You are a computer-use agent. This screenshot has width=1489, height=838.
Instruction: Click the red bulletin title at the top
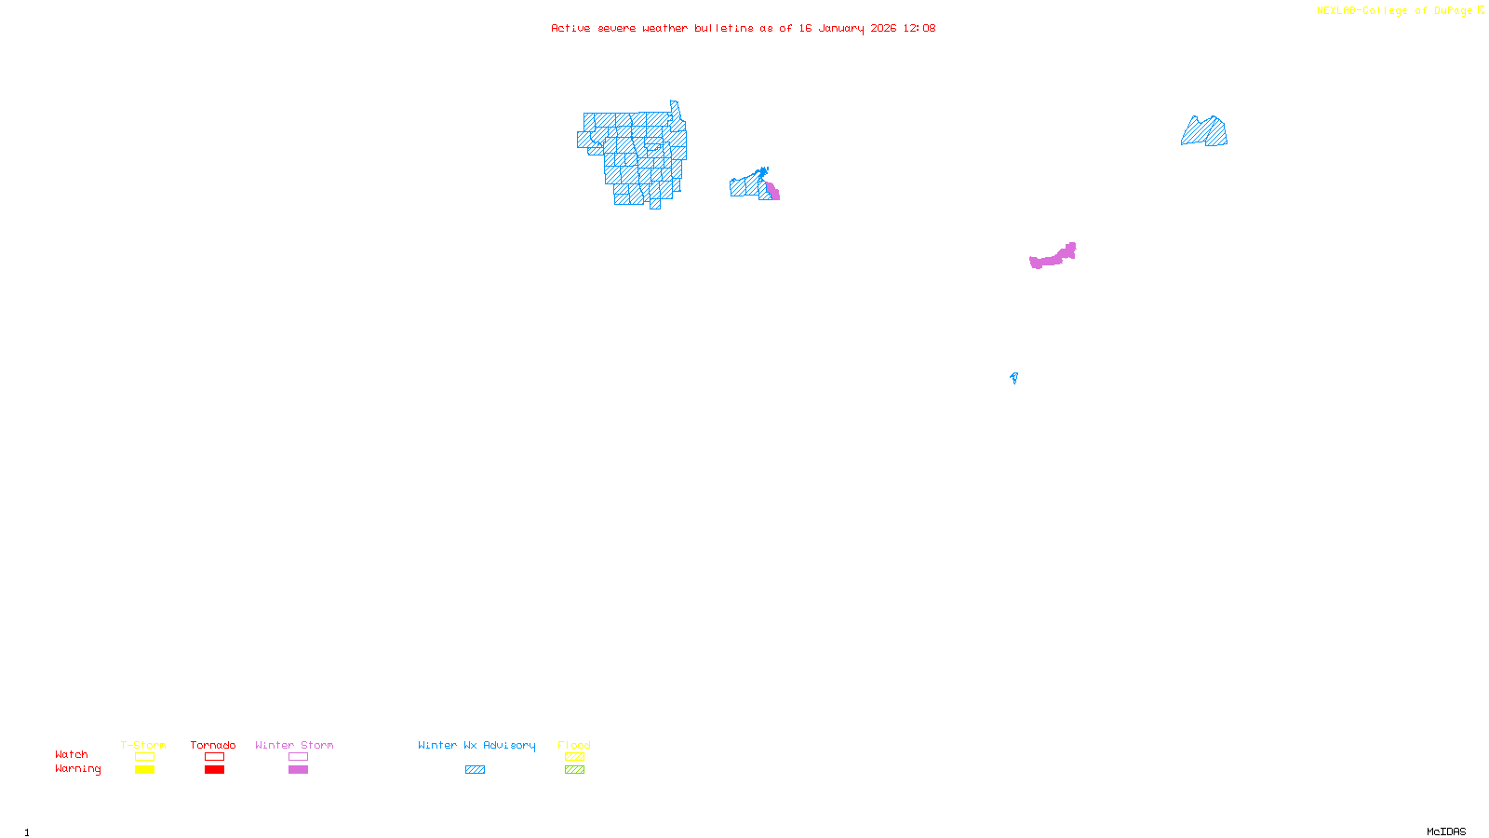coord(743,28)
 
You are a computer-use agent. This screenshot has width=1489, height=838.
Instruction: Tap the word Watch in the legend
coord(72,755)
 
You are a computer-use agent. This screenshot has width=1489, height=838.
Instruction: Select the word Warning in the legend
coord(77,769)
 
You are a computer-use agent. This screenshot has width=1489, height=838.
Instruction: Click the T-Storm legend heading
coord(143,745)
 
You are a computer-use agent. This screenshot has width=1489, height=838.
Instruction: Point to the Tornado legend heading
coord(213,745)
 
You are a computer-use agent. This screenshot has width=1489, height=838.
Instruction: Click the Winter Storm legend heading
coord(294,745)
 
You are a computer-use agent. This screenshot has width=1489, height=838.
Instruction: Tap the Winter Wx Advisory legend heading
coord(476,745)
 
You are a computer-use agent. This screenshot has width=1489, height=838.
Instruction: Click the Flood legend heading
coord(574,745)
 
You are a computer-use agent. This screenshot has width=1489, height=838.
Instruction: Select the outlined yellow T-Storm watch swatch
coord(144,757)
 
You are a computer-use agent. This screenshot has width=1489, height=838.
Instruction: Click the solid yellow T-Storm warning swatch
coord(144,770)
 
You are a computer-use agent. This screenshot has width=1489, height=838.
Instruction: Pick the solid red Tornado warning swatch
coord(214,770)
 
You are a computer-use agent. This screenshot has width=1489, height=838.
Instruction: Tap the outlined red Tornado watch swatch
coord(214,757)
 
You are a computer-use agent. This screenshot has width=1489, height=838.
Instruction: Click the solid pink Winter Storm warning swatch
coord(298,770)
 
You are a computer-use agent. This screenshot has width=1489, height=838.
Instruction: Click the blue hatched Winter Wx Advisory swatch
coord(475,770)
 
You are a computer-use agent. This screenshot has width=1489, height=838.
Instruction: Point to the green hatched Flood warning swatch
coord(574,770)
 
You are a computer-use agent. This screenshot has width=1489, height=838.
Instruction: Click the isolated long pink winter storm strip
coord(1053,257)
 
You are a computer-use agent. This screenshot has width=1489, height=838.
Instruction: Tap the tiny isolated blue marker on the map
coord(1013,377)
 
